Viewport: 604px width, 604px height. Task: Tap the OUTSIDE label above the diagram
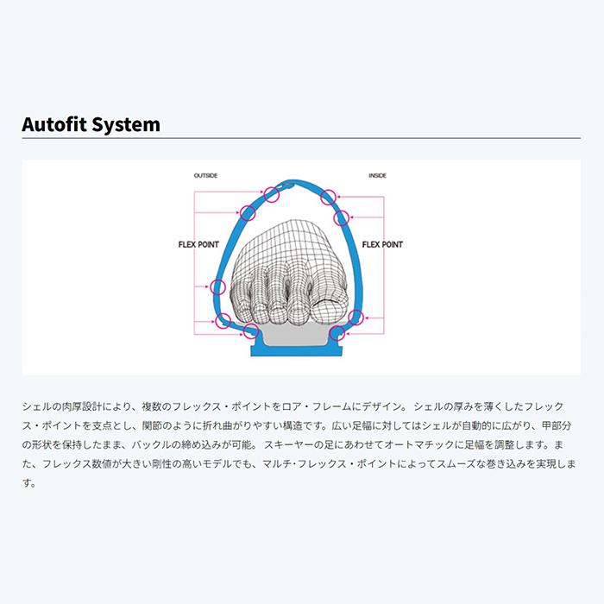pos(205,176)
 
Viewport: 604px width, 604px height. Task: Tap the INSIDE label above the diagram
pos(378,176)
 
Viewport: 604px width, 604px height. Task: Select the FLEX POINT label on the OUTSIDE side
pos(198,244)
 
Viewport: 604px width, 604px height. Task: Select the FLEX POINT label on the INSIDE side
pos(382,244)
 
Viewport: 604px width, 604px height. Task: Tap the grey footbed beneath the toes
pos(294,335)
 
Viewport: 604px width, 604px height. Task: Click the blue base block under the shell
pos(296,350)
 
